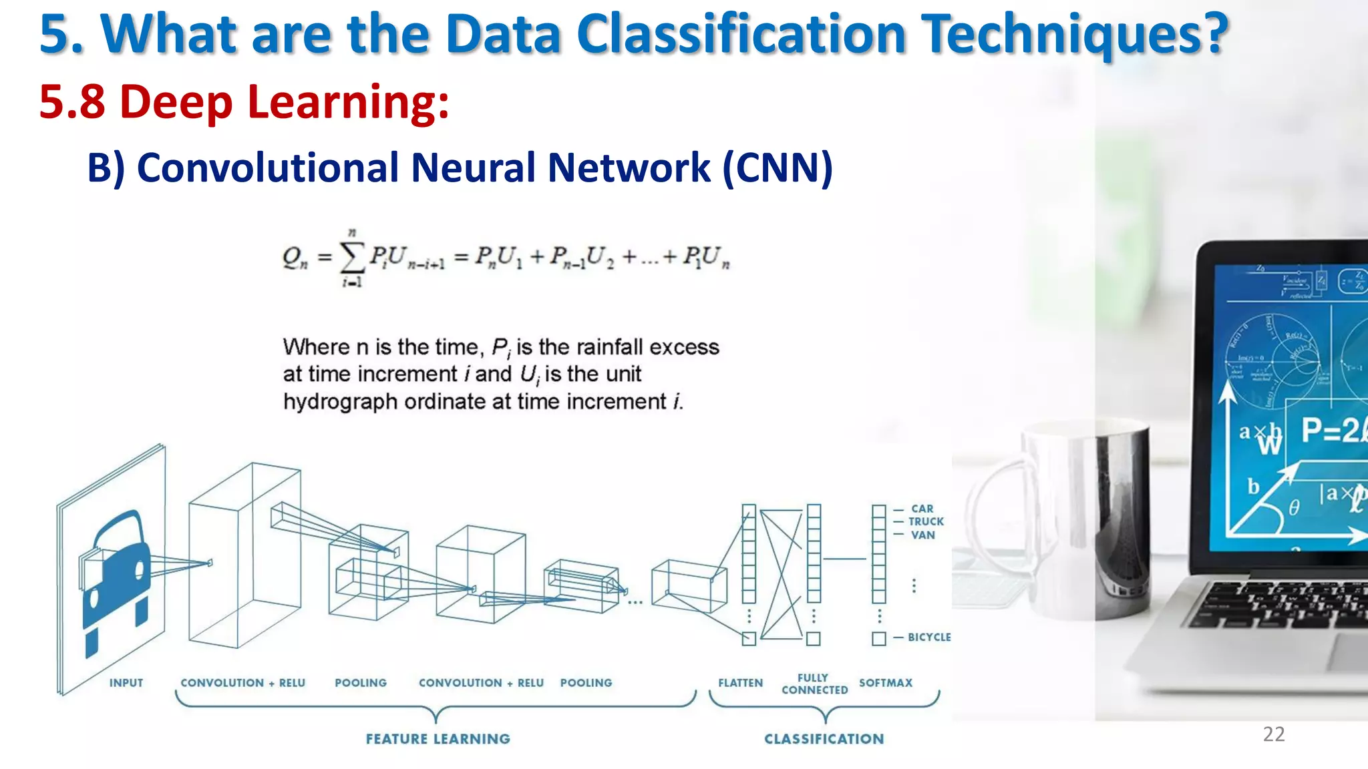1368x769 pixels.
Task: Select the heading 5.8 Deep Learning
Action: pyautogui.click(x=244, y=102)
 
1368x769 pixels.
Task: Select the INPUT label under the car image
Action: pyautogui.click(x=126, y=683)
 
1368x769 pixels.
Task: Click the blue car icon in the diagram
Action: pyautogui.click(x=116, y=574)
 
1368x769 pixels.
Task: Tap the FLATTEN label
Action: pyautogui.click(x=740, y=683)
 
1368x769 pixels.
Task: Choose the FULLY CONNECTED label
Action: pyautogui.click(x=814, y=684)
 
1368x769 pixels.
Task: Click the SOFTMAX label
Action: pyautogui.click(x=886, y=683)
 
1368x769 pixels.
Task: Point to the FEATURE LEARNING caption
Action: pyautogui.click(x=438, y=739)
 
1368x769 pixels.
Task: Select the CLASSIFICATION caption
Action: pyautogui.click(x=824, y=739)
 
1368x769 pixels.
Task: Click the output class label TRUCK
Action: pyautogui.click(x=926, y=521)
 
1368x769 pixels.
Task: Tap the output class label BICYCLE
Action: pyautogui.click(x=928, y=637)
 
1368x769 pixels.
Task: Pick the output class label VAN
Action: pyautogui.click(x=923, y=535)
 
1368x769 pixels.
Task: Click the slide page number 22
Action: pyautogui.click(x=1274, y=734)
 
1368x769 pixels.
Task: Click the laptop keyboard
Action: pyautogui.click(x=1282, y=604)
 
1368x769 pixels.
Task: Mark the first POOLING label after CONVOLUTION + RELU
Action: pyautogui.click(x=361, y=683)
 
